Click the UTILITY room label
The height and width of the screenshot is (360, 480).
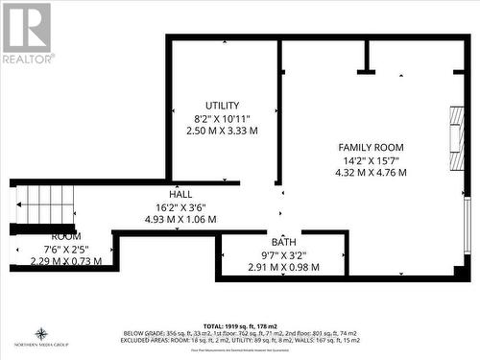point(222,106)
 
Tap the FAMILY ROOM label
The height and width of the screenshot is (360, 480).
point(370,147)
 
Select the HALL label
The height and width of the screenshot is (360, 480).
point(180,194)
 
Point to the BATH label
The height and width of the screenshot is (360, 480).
point(283,242)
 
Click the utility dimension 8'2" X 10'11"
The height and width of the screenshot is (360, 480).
point(222,118)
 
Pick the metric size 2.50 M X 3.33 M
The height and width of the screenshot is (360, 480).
point(222,131)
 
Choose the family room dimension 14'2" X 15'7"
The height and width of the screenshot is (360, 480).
point(370,160)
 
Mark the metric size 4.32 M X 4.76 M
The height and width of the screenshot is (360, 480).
point(370,173)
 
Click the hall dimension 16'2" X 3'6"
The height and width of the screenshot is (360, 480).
point(180,206)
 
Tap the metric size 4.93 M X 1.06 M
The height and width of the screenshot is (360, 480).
point(180,219)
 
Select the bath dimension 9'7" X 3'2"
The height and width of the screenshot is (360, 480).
point(283,254)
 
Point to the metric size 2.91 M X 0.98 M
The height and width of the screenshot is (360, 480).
point(283,267)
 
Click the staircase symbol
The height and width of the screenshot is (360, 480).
point(45,204)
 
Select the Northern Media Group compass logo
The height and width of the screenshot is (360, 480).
point(41,336)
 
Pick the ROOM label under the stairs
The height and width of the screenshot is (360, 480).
point(65,236)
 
